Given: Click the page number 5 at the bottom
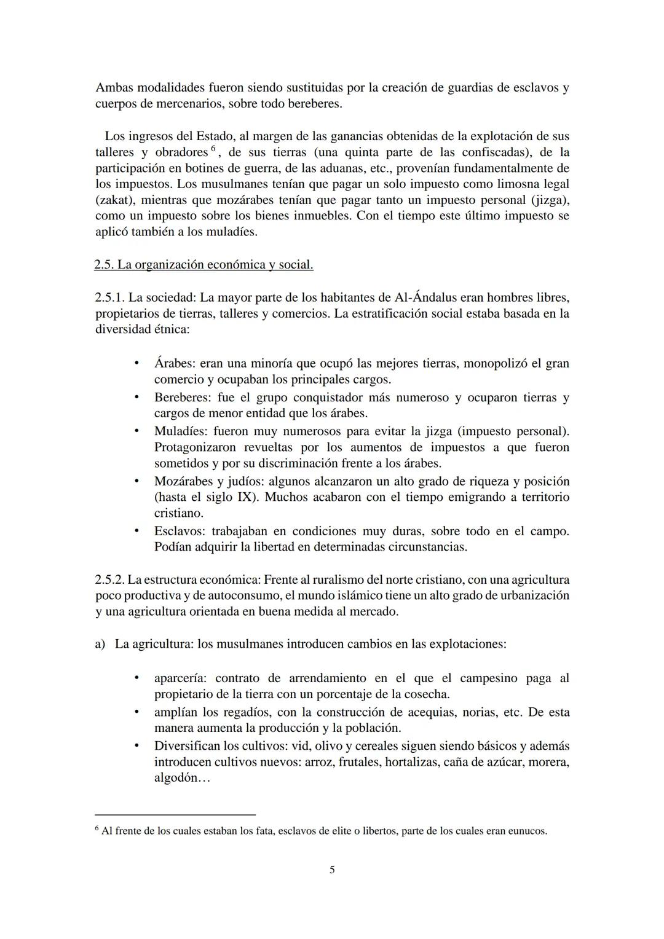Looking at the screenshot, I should click(x=332, y=870).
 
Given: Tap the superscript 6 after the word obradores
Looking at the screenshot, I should click(x=213, y=149).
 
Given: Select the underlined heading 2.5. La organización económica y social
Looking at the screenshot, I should click(x=204, y=265).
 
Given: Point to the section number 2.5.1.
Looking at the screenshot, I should click(x=109, y=297).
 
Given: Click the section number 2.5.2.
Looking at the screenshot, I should click(x=109, y=580).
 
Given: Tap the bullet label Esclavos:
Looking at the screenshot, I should click(x=180, y=531).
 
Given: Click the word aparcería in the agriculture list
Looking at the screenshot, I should click(x=180, y=678).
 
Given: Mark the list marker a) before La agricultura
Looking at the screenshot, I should click(x=100, y=644).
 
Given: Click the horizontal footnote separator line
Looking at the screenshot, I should click(x=175, y=814).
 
